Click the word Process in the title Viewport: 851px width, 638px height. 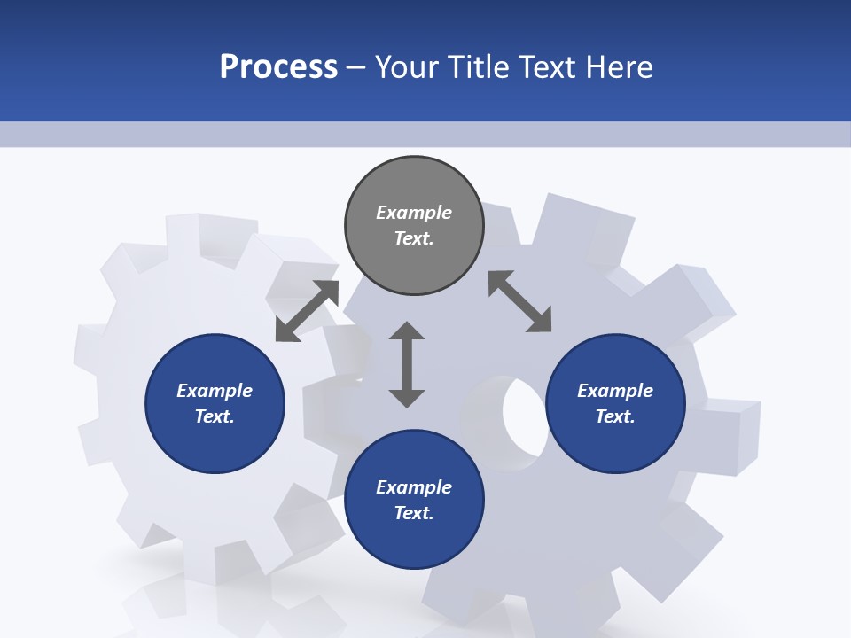tap(278, 67)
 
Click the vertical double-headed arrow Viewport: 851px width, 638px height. tap(407, 365)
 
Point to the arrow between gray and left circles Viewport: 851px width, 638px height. tap(307, 311)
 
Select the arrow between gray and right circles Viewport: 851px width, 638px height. tap(520, 301)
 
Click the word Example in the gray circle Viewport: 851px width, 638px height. tap(414, 213)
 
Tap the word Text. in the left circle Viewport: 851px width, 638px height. tap(215, 416)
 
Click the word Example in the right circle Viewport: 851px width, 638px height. tap(615, 391)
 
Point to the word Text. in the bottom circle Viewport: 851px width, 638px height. tap(414, 513)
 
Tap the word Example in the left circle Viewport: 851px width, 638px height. tap(215, 391)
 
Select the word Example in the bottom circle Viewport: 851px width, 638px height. tap(414, 487)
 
